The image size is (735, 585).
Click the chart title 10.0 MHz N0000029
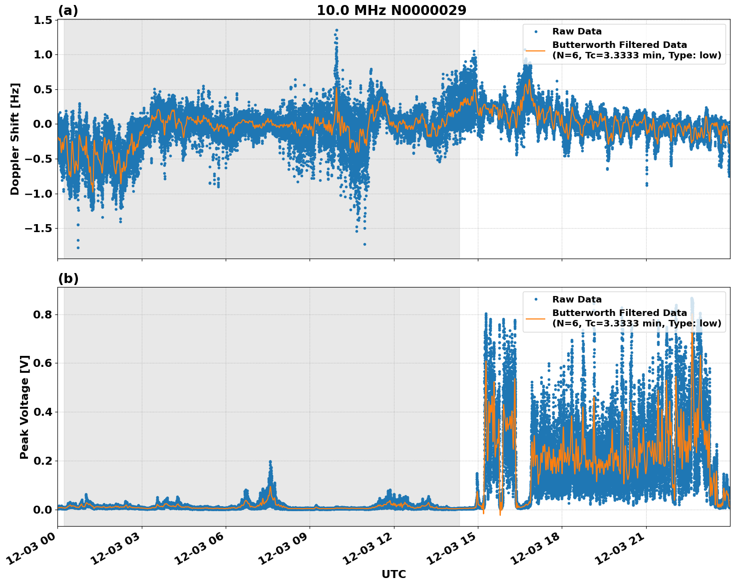tap(391, 10)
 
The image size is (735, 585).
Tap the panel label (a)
tap(68, 10)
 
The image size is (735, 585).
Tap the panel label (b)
tap(68, 279)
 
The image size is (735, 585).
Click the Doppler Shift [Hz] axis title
tap(15, 139)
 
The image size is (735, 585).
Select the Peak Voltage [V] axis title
tap(24, 407)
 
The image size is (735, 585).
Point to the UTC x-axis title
tap(393, 574)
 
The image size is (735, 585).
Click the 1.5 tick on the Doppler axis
tap(43, 20)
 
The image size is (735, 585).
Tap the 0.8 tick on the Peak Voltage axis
tap(44, 314)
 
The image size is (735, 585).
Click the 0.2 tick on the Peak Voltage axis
tap(44, 461)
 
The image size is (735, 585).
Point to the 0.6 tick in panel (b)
tap(44, 363)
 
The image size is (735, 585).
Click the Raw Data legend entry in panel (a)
tap(577, 31)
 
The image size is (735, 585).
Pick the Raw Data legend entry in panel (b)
tap(577, 299)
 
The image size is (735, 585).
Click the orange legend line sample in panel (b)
tap(535, 318)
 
